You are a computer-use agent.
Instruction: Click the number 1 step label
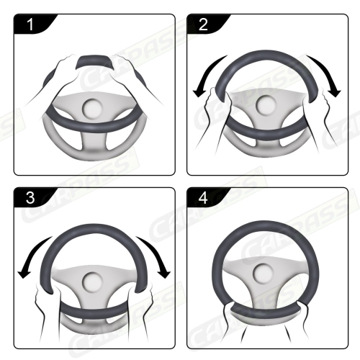[x=30, y=25]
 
